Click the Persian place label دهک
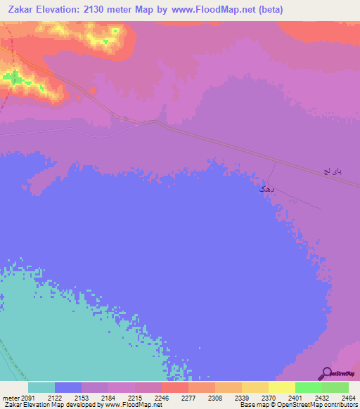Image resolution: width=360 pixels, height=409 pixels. tap(266, 189)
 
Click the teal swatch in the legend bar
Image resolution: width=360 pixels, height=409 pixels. tap(41, 387)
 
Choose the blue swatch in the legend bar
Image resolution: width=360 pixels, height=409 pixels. tap(68, 387)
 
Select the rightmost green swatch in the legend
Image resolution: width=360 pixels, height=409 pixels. tap(335, 387)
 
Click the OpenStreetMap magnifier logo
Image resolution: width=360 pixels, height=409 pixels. tap(326, 374)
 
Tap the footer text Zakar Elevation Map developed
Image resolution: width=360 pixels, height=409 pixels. tap(42, 405)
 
